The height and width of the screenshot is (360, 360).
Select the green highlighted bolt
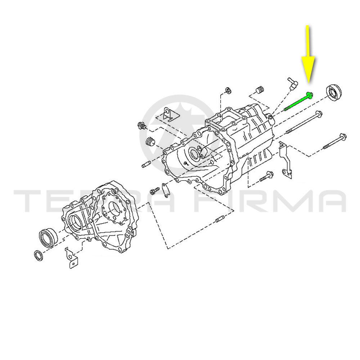coord(298,101)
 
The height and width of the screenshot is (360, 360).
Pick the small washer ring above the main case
coord(229,90)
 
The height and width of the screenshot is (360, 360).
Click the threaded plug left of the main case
coord(142,126)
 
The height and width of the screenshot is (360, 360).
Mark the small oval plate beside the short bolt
coord(165,190)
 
